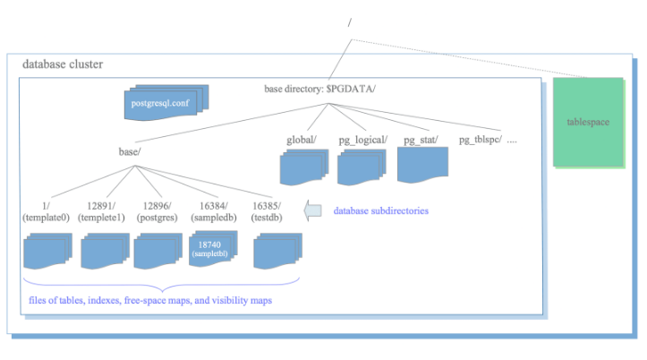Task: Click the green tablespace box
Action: pos(587,121)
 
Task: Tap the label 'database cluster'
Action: pos(62,64)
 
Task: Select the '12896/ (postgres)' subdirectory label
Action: pos(159,211)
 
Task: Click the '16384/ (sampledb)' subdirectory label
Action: pos(214,211)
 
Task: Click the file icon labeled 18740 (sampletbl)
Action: pos(211,249)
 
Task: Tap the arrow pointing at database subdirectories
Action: pos(313,211)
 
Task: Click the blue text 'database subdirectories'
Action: pos(380,211)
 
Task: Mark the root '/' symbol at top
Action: pos(349,23)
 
